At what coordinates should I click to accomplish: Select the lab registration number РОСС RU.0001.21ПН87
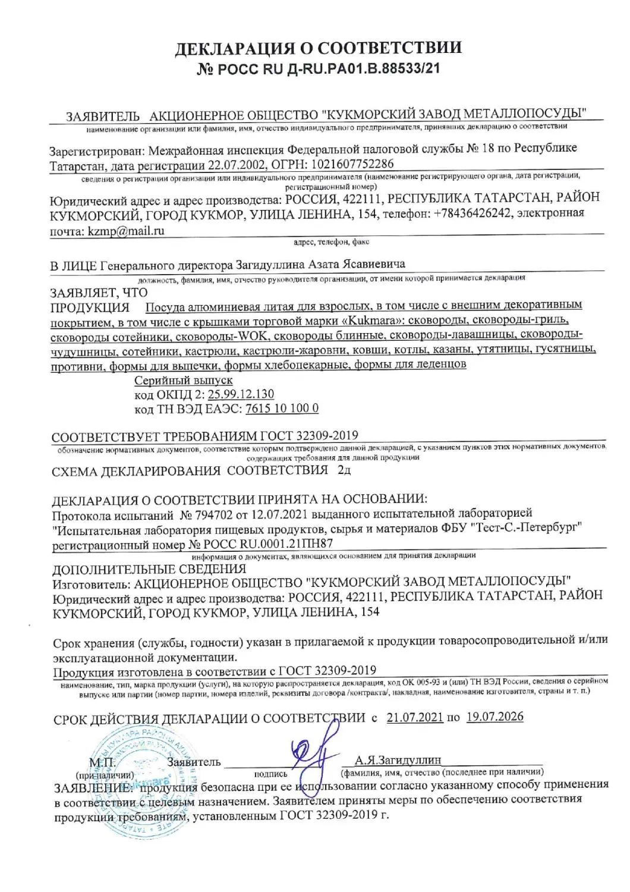click(x=269, y=543)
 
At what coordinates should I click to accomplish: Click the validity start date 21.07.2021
click(x=414, y=717)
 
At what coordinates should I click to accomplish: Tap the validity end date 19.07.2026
click(x=495, y=717)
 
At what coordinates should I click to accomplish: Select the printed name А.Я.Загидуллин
click(x=398, y=759)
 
